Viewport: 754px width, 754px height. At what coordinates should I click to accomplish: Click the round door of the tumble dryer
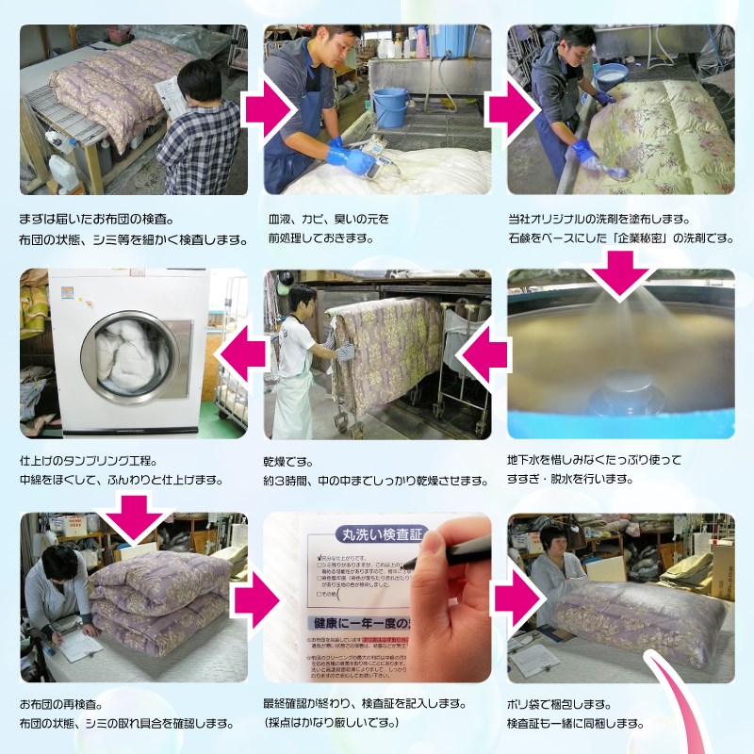[135, 352]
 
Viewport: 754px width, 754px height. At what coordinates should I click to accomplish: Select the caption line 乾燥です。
[288, 462]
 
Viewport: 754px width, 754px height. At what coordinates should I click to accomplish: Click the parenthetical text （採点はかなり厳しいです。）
[333, 723]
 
